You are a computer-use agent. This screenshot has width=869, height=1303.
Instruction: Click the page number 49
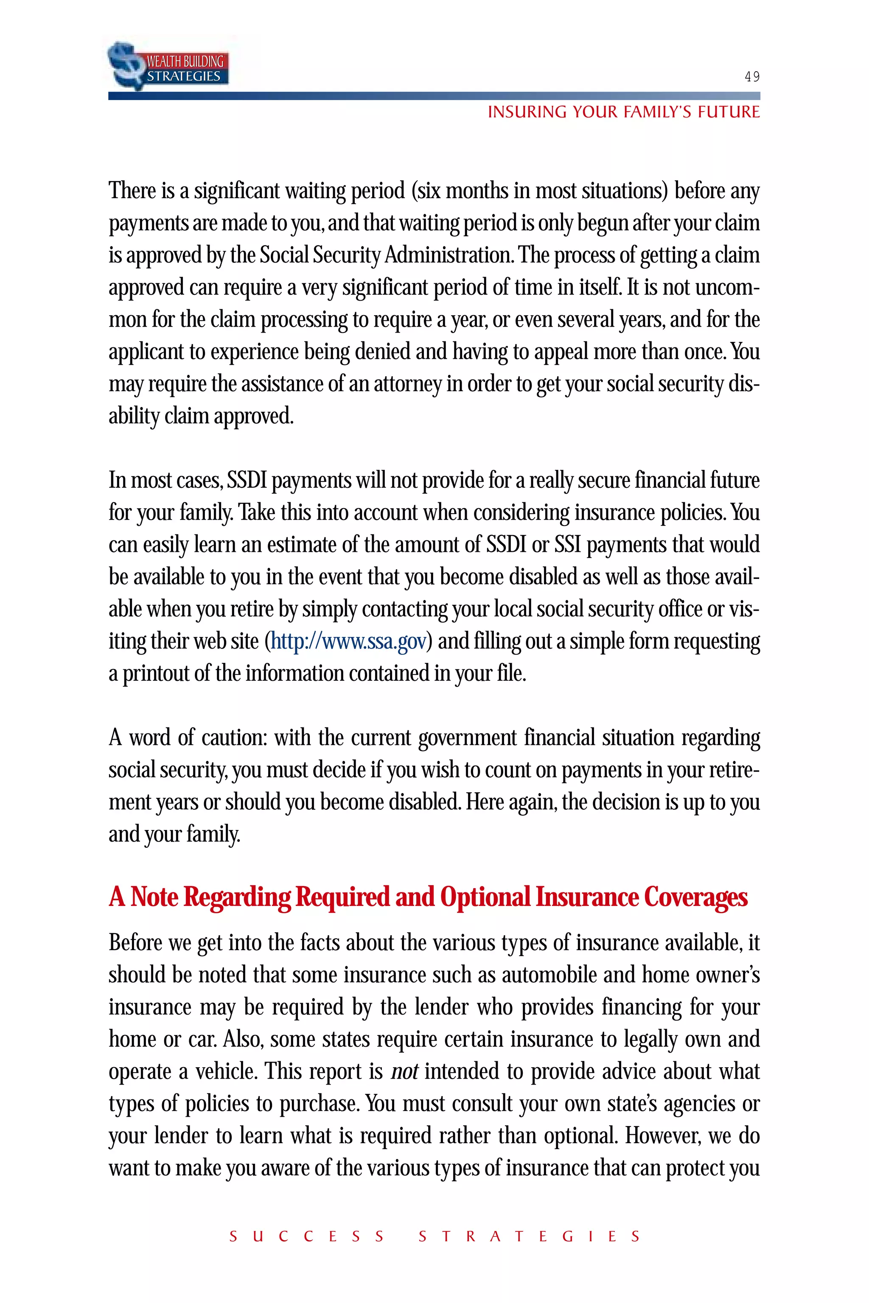tap(751, 77)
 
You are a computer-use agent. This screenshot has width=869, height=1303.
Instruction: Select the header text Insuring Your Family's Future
tap(623, 112)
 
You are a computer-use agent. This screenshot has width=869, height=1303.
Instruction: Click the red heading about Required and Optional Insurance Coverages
tap(428, 898)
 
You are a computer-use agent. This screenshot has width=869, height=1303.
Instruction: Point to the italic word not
tap(404, 1072)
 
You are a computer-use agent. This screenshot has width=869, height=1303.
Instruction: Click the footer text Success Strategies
tap(434, 1236)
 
